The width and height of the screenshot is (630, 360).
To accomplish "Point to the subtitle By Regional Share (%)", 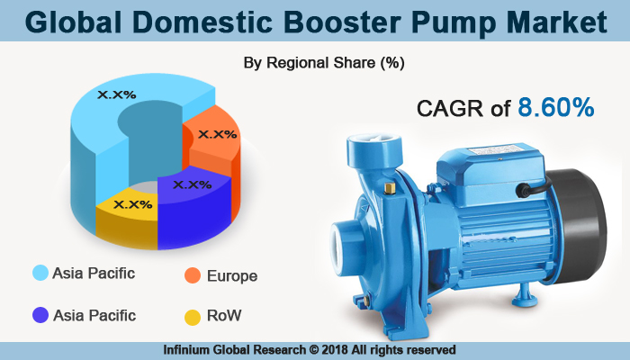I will tap(324, 63).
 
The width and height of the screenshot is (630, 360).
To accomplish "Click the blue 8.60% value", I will tap(555, 109).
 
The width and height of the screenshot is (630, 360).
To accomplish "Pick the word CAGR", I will tap(454, 110).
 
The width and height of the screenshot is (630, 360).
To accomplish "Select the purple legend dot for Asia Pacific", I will tap(40, 316).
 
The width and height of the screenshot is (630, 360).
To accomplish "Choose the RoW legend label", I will tap(224, 316).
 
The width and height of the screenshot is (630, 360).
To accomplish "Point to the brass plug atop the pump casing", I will tap(390, 188).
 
